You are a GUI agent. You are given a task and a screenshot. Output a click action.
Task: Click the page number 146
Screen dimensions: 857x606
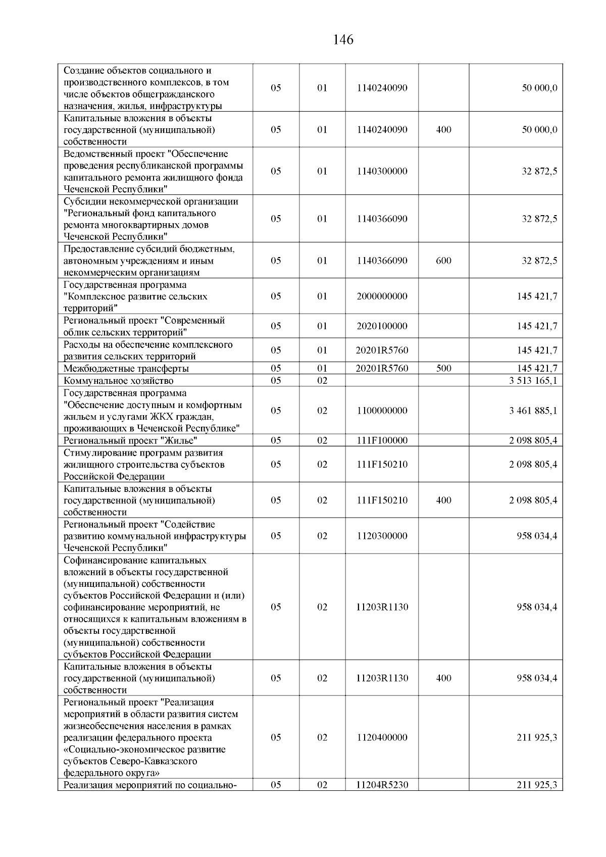343,39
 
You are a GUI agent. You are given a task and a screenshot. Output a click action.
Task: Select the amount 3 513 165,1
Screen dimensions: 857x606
533,381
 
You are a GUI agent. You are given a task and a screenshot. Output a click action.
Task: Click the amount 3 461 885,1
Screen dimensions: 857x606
533,411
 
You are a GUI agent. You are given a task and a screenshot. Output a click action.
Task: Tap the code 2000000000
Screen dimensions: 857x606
382,296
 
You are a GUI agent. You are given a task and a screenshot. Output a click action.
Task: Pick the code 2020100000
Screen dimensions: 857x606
382,326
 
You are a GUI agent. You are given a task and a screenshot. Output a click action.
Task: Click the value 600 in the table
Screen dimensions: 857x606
443,261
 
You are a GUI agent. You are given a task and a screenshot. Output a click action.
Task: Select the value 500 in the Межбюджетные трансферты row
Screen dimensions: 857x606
443,369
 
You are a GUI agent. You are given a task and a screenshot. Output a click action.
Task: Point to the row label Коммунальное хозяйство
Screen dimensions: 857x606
119,381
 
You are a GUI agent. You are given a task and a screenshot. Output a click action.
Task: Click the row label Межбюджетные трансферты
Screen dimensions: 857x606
126,369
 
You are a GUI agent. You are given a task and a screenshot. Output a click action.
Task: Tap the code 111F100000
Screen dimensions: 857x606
382,440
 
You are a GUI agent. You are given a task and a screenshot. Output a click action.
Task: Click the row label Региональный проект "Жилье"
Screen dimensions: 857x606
127,440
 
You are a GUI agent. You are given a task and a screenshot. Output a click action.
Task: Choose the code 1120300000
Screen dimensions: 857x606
382,536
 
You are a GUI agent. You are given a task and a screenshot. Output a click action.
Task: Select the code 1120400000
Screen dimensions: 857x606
382,738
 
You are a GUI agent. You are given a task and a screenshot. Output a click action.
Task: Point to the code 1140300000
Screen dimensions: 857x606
382,171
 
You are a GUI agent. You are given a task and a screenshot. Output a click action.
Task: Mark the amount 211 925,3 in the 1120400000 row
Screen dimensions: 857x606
537,738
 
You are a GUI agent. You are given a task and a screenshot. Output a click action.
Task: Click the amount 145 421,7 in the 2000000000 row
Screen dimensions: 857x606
537,296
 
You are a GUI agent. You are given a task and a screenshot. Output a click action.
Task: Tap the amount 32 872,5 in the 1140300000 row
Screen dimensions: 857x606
539,171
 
